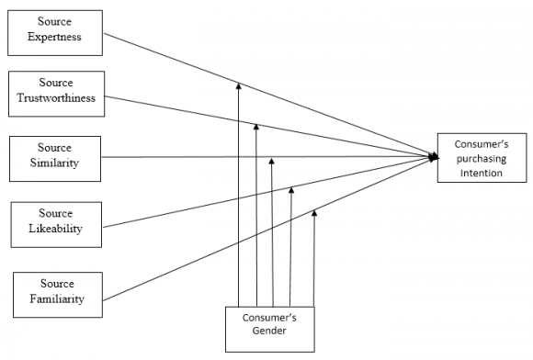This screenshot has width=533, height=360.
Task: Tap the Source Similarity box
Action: (x=55, y=155)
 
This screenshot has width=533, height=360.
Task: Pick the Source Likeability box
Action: (x=55, y=221)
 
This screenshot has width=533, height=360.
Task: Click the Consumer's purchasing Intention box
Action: (x=482, y=158)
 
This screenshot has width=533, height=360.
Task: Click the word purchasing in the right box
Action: (x=482, y=158)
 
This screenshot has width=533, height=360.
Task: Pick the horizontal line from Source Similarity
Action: (x=184, y=157)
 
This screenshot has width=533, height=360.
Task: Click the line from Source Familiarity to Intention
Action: (x=184, y=267)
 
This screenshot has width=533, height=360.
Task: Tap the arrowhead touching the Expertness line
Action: (x=238, y=85)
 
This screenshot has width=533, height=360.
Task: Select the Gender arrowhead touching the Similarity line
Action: (x=272, y=161)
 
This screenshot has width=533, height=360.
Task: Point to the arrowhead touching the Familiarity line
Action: (x=314, y=213)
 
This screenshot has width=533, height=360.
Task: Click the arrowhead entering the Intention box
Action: (x=433, y=157)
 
